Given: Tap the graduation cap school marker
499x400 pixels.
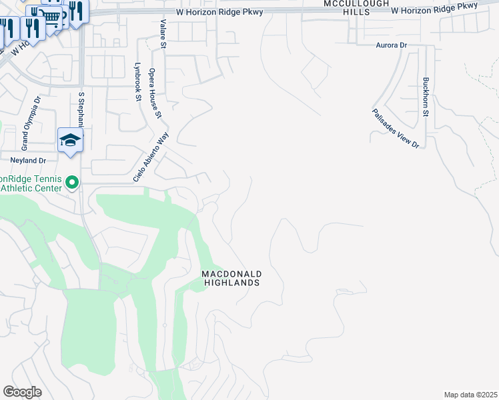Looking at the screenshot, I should point(70,141).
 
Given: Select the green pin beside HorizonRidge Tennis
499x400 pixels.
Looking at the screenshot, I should point(73,182).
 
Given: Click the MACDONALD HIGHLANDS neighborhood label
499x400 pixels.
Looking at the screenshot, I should point(231,278).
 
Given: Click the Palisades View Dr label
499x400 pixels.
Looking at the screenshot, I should point(395,128).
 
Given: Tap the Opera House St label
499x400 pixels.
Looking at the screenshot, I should point(155,93).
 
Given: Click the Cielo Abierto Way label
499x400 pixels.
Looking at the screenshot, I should point(151,157).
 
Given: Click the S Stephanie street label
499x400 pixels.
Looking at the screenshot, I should point(81,110).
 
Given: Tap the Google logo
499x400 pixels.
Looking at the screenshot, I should point(22,391).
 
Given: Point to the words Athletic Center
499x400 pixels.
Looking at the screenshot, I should point(33,188).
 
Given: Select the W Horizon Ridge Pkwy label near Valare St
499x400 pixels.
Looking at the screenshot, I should point(220,12).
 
